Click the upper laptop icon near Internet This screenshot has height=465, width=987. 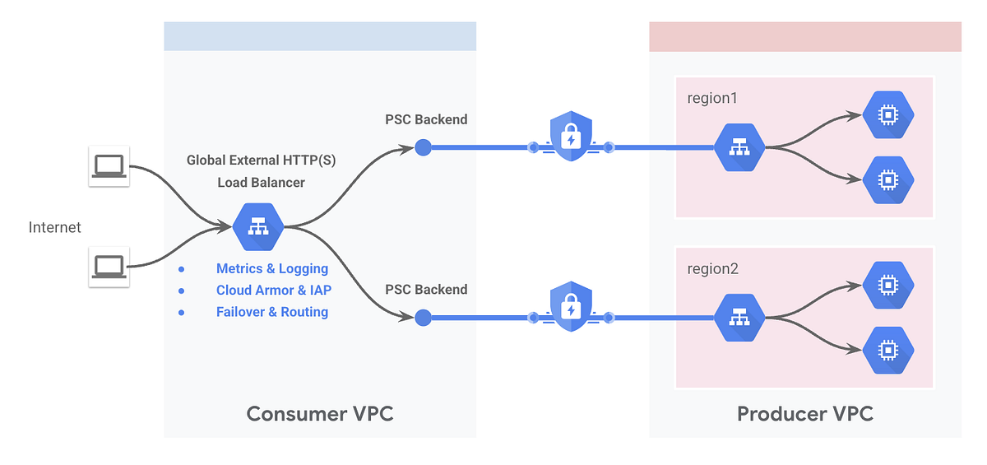pos(109,166)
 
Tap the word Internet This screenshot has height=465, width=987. pos(55,227)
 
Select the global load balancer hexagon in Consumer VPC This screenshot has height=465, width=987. pos(258,226)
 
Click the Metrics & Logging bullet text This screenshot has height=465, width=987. pos(271,268)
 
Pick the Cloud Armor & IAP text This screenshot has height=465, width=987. pos(273,290)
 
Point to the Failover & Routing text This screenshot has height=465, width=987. pos(271,312)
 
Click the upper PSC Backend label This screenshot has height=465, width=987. pos(426,119)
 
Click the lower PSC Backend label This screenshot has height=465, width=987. pos(426,290)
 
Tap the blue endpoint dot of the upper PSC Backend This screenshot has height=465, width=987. pos(423,147)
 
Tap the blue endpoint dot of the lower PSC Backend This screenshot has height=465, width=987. pos(423,317)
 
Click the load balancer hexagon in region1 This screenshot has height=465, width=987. pos(739,147)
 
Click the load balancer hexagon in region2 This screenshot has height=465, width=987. pos(739,317)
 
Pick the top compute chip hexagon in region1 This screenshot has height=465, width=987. pos(888,116)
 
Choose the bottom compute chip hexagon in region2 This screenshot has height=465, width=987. pos(888,350)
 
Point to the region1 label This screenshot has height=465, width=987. pos(712,98)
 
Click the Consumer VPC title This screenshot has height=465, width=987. pos(320,414)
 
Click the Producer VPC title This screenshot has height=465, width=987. pos(804,414)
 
